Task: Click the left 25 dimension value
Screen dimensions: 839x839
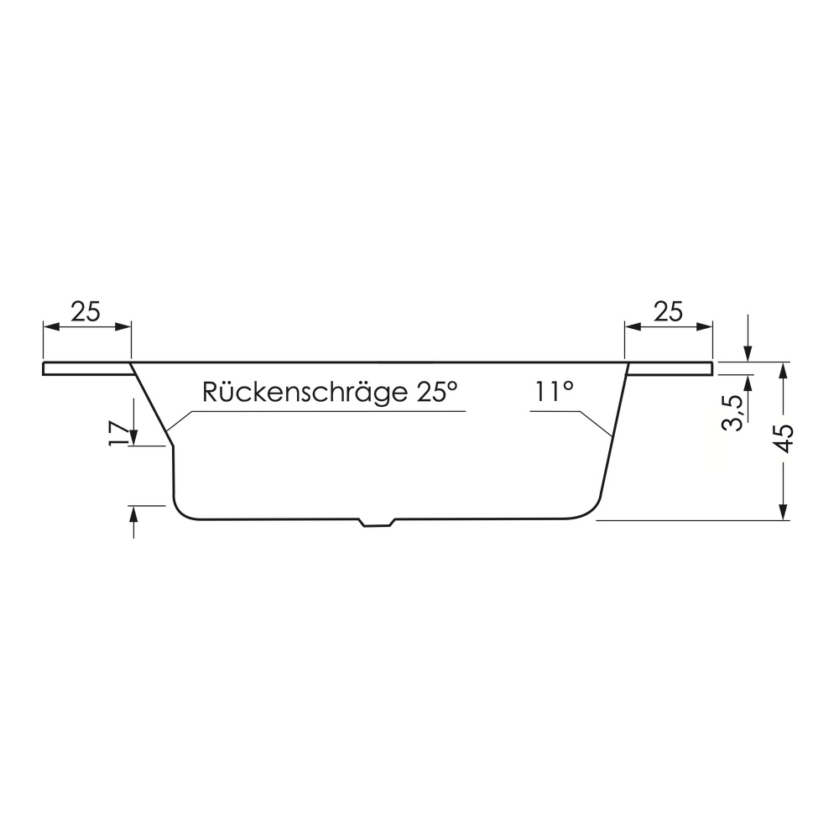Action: pyautogui.click(x=86, y=311)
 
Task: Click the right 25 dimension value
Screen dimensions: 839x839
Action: pyautogui.click(x=669, y=311)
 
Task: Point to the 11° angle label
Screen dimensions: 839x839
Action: pyautogui.click(x=553, y=392)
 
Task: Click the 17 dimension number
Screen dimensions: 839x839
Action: pyautogui.click(x=119, y=434)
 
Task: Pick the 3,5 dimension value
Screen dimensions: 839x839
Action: pyautogui.click(x=732, y=413)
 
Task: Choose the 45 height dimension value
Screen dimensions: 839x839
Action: pyautogui.click(x=784, y=438)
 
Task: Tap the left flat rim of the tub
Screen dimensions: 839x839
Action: pyautogui.click(x=88, y=368)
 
